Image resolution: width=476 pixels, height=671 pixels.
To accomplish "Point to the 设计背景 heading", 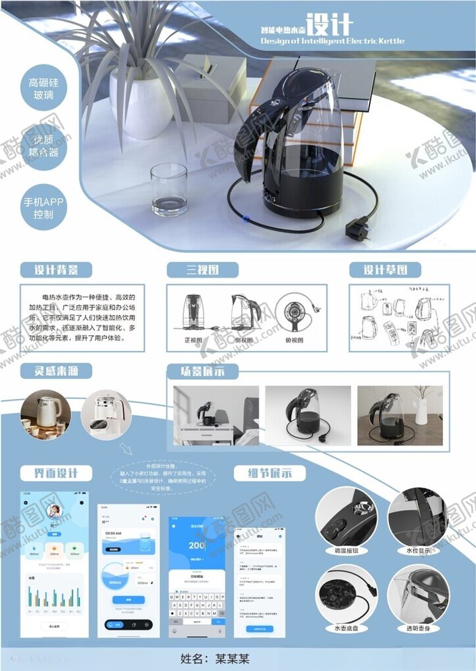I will (x=55, y=270).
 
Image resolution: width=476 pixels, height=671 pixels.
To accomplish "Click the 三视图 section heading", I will (x=203, y=270).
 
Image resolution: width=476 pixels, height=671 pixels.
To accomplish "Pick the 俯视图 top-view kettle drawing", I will (x=295, y=312).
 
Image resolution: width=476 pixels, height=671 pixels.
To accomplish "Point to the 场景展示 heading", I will (x=202, y=371).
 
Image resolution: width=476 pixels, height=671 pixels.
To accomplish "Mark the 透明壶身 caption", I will (x=418, y=628).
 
